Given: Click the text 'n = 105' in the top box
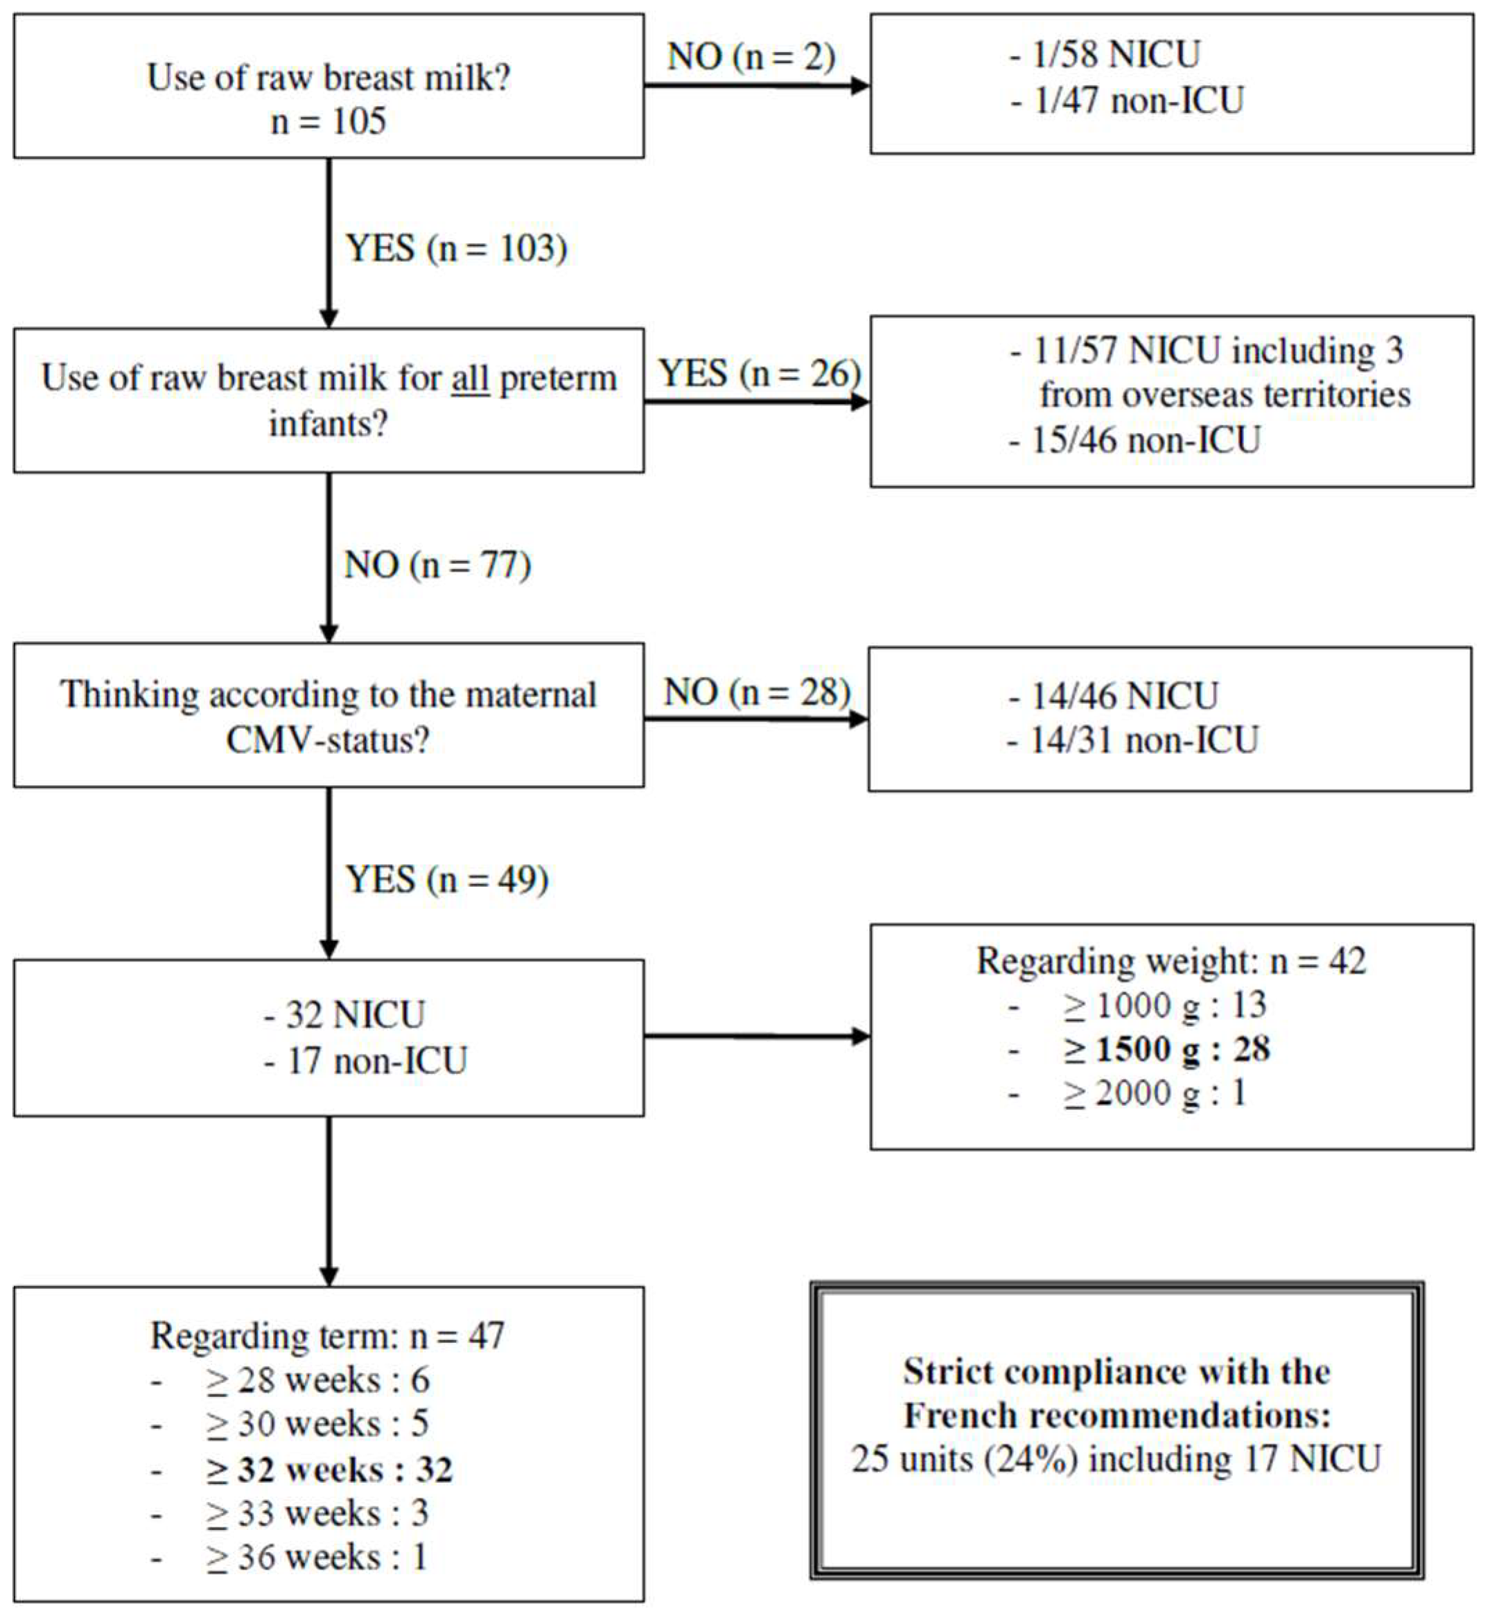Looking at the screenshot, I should tap(328, 122).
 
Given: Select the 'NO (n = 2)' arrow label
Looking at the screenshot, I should tap(751, 56).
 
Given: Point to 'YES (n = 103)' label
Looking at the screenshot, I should tap(456, 247).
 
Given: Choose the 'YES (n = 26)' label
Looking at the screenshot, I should tap(760, 373).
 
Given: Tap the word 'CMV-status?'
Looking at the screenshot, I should tap(328, 739).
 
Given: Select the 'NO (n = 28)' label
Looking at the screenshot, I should tap(757, 692).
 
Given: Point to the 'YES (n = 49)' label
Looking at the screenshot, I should tap(448, 879).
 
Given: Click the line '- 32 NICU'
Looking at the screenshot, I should tap(344, 1014).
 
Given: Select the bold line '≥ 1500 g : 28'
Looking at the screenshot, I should tap(1166, 1049).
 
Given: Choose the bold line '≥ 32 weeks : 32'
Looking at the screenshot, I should tap(329, 1470).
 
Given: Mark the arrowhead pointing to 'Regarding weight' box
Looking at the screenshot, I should tap(861, 1037).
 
